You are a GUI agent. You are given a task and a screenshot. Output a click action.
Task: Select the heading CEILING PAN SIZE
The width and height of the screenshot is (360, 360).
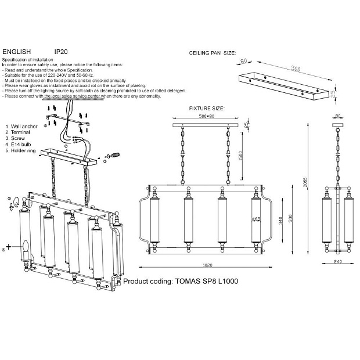[x=213, y=53]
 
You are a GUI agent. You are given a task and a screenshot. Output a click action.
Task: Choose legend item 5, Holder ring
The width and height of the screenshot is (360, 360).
[x=24, y=151]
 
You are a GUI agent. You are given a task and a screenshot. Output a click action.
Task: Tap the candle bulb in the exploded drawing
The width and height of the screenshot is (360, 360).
[x=26, y=247]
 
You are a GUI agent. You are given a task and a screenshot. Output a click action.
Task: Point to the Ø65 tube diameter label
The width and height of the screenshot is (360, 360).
[x=255, y=219]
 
